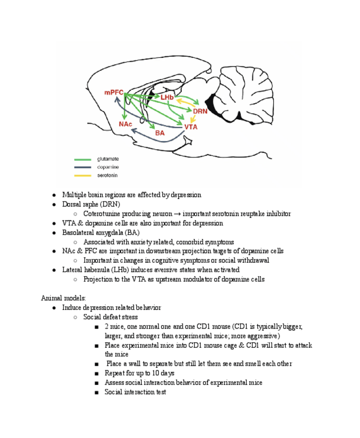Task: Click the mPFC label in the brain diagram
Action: pos(114,92)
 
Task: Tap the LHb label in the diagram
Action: pos(167,98)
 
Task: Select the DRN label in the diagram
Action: pos(200,111)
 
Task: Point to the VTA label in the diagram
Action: pos(191,127)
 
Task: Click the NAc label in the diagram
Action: pos(126,124)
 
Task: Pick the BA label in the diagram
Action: pos(160,133)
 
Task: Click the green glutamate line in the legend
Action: pos(83,159)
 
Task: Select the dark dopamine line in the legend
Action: pos(83,167)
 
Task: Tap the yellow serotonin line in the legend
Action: pos(83,176)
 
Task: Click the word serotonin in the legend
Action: pos(107,176)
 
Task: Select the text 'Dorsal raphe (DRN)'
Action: pos(91,204)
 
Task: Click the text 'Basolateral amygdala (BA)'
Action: pos(101,232)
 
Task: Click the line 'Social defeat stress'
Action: pos(111,317)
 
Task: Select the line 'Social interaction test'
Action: pos(135,392)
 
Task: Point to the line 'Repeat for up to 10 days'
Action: pos(139,373)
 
